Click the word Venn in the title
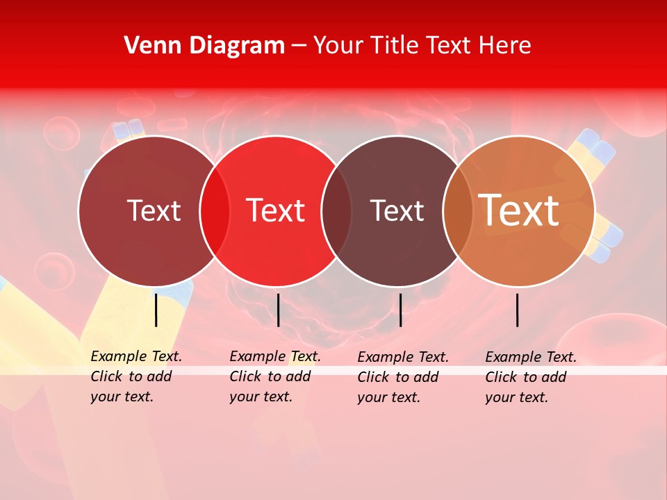[x=149, y=46]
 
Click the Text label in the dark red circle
[x=154, y=210]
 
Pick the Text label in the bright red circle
[x=276, y=210]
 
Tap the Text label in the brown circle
[x=397, y=210]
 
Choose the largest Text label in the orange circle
[x=519, y=210]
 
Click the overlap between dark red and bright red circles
[x=215, y=210]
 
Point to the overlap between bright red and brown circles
[x=336, y=210]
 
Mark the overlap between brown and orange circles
[x=458, y=210]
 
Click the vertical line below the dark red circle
[x=156, y=310]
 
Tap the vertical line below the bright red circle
[x=278, y=310]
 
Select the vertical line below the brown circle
[x=400, y=310]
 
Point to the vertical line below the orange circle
[x=518, y=310]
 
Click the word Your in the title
[x=338, y=46]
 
